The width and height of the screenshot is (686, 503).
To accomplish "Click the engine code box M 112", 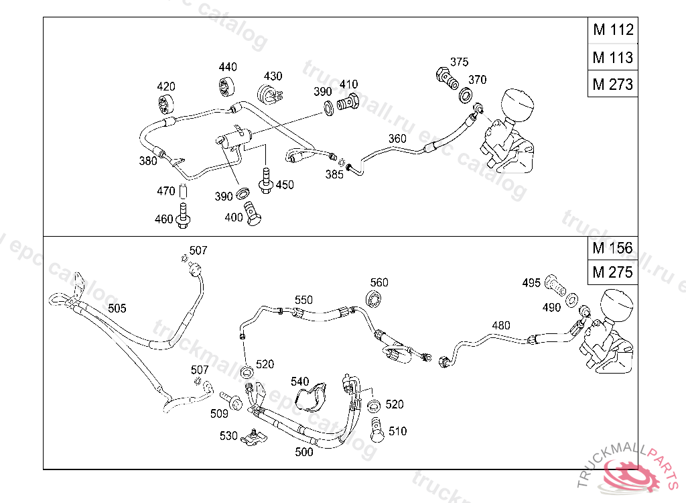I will (x=612, y=30).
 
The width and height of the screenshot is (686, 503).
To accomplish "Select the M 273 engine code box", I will (x=612, y=85).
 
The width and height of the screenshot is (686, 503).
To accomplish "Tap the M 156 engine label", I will (x=612, y=247).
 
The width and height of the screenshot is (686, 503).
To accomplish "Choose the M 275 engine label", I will (x=612, y=273).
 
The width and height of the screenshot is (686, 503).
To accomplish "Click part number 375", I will (x=459, y=62).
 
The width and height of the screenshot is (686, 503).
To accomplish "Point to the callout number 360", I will (x=397, y=139).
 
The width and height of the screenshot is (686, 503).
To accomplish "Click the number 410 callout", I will (x=348, y=85).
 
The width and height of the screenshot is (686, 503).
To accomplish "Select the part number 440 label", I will (x=228, y=67).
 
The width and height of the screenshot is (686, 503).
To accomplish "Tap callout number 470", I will (x=165, y=191).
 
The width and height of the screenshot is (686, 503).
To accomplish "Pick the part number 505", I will (x=117, y=309).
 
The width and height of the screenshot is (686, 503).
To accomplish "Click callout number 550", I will (x=303, y=300).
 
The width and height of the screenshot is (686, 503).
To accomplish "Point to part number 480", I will (x=500, y=326).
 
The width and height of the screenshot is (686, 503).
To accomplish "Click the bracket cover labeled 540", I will (x=312, y=395).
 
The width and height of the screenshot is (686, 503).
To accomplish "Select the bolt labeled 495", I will (x=555, y=284).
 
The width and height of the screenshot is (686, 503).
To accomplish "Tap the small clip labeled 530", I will (x=254, y=439).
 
